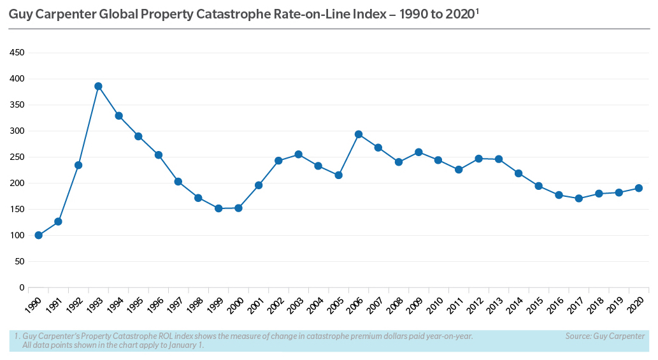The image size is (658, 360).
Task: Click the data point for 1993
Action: [98, 87]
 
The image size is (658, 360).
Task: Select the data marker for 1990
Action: [38, 235]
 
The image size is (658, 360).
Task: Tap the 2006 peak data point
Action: [359, 134]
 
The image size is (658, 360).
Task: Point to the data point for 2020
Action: [638, 188]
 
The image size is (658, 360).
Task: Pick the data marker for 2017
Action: [578, 198]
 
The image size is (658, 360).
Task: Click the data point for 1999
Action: [218, 208]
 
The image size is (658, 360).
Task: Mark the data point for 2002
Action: [278, 161]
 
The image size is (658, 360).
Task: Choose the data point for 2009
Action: [418, 152]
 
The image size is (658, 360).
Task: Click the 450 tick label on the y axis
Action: [17, 53]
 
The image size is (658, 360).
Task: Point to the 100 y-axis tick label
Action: [17, 235]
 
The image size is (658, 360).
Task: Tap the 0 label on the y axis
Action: [21, 287]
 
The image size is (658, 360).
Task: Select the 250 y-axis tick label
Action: [17, 157]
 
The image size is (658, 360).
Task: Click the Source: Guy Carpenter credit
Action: [604, 336]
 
